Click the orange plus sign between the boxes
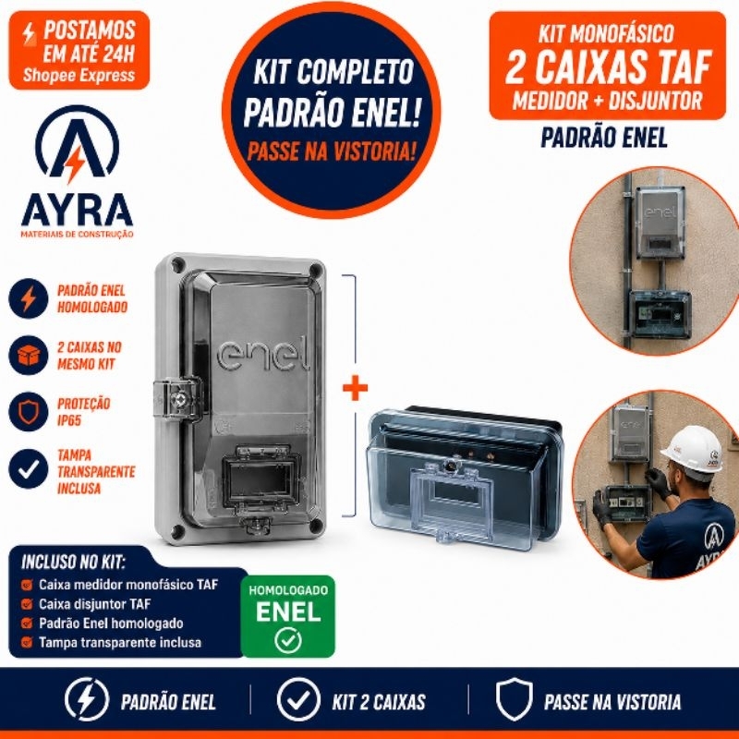click(x=355, y=387)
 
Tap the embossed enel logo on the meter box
click(x=263, y=356)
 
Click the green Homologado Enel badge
click(x=288, y=616)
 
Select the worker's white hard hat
click(x=691, y=449)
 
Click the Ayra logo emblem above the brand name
click(x=78, y=144)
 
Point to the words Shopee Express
click(x=79, y=76)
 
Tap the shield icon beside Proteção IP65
click(x=29, y=411)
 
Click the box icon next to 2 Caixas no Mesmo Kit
click(x=29, y=355)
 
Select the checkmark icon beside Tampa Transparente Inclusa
click(x=29, y=469)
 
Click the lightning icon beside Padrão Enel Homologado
click(x=29, y=298)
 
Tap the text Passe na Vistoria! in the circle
click(x=332, y=151)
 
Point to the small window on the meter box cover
click(x=260, y=477)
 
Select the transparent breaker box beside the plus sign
click(x=466, y=477)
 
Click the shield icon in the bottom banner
click(x=515, y=699)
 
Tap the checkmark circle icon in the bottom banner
click(x=298, y=699)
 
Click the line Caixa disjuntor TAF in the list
click(x=95, y=604)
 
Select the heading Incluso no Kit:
click(x=73, y=562)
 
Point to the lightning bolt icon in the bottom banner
click(x=87, y=699)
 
